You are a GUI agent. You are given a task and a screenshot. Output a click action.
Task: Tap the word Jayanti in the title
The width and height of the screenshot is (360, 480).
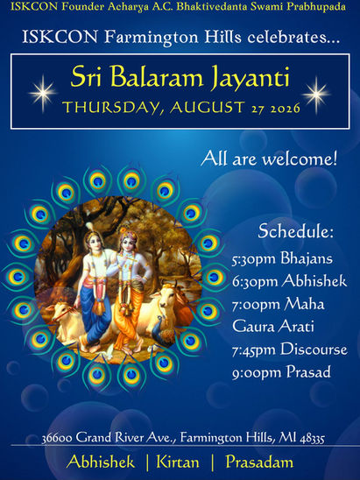pos(250,78)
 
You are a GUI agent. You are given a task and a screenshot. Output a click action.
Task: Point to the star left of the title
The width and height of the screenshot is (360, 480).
pos(43,94)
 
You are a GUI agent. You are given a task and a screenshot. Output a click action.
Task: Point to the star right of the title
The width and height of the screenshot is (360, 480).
pos(316,95)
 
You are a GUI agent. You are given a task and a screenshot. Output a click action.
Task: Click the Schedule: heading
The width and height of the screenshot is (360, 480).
pos(295,231)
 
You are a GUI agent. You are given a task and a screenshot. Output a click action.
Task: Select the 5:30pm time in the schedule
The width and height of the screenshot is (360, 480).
pos(254,259)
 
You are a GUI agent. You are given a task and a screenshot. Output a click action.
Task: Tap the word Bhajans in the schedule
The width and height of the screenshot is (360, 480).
pos(307,259)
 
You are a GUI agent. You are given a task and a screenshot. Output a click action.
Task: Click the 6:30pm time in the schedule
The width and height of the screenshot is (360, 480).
pos(254,282)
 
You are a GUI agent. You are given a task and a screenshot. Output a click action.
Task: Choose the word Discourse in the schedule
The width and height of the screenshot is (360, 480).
pos(314,349)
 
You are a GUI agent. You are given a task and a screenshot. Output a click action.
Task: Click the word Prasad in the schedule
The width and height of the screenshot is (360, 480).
pos(308,372)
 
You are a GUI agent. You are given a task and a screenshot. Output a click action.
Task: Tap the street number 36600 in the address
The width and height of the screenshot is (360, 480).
pos(57,438)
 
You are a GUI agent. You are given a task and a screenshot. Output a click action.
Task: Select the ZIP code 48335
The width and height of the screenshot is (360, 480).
pos(312,439)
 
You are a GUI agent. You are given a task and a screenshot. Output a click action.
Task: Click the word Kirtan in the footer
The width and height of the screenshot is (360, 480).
pos(178,462)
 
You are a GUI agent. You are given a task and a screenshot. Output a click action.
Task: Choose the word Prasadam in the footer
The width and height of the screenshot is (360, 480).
pos(259,462)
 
